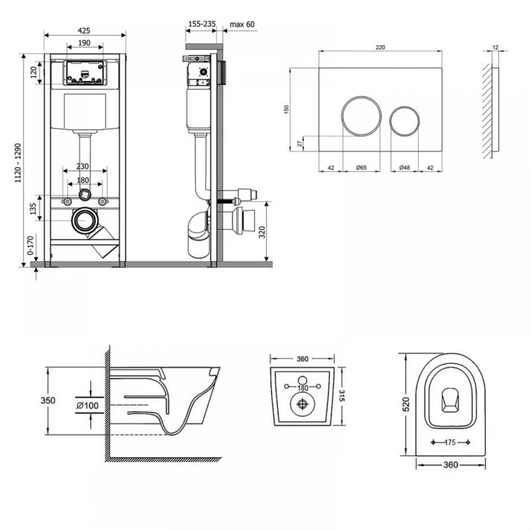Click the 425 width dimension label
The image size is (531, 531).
coord(84,30)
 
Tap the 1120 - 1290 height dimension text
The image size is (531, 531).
coord(18,163)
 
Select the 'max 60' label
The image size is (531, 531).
coord(242,24)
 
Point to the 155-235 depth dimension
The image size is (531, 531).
coord(202,24)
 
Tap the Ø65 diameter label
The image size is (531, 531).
coord(361,167)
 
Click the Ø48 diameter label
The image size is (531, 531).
coord(404,167)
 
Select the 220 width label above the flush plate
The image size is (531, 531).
coord(380,47)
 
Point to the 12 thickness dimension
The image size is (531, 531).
coord(495,47)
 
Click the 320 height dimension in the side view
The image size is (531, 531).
coord(262,232)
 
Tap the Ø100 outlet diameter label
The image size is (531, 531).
coord(88,405)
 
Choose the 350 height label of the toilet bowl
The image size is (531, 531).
coord(48,400)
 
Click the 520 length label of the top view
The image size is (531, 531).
coord(406,404)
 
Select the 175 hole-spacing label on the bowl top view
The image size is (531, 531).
coord(450,442)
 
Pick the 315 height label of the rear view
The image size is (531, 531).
coord(341,396)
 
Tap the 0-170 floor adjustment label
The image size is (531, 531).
coord(30,245)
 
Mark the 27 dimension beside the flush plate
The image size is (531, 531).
coord(299,143)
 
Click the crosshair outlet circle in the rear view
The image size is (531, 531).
coord(303,404)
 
